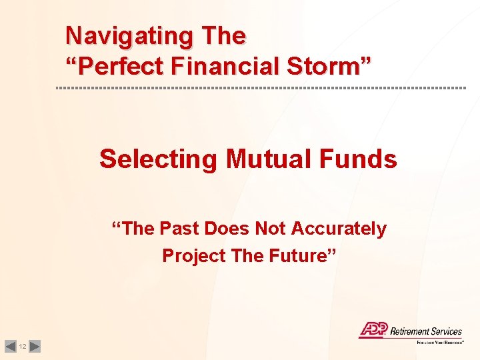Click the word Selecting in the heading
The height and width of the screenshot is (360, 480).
[x=158, y=159]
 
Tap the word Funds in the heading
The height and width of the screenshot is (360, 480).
[x=364, y=159]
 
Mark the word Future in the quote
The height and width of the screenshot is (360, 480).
[x=303, y=255]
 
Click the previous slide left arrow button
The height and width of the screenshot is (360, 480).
[x=10, y=346]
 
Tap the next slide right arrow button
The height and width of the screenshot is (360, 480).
[x=35, y=346]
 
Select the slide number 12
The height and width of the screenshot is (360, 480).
[x=23, y=347]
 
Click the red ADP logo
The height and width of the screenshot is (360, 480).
[x=373, y=329]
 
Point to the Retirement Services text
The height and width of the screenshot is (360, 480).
[x=425, y=331]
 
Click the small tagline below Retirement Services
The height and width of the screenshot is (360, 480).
[x=440, y=342]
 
